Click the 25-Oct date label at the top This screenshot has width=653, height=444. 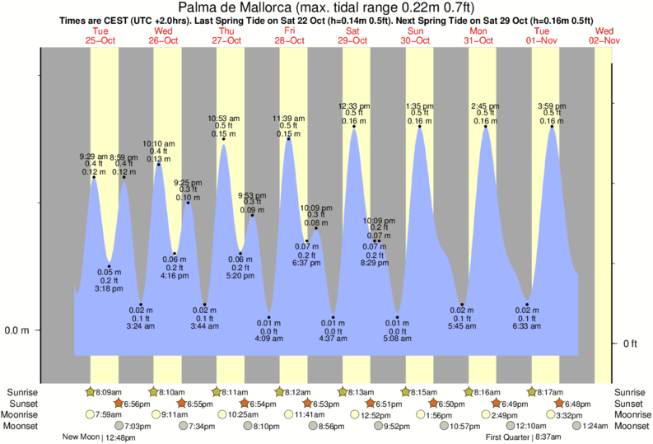tap(100, 40)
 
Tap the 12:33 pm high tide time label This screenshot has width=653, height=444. tap(355, 105)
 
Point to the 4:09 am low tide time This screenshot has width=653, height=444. tap(268, 336)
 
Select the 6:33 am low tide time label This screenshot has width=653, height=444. tap(527, 326)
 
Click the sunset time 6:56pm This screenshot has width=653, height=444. tap(142, 404)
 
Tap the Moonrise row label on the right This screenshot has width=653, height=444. tap(632, 414)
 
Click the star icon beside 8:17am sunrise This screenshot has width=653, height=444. tap(532, 392)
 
